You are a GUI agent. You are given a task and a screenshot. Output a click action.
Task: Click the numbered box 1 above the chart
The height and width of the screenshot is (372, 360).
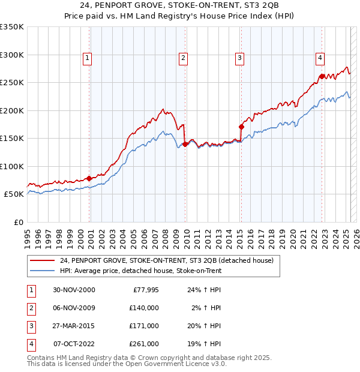click(x=88, y=58)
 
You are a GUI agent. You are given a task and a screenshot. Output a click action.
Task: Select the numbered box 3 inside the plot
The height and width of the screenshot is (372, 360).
click(x=239, y=58)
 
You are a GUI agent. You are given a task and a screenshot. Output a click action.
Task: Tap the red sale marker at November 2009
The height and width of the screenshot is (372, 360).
click(x=185, y=144)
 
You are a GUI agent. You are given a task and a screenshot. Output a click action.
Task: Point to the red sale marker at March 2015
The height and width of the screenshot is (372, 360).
click(x=241, y=127)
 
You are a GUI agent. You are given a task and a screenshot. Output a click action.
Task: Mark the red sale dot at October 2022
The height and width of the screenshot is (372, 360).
click(x=322, y=76)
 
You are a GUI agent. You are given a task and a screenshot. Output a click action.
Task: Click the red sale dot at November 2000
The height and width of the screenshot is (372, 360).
click(x=89, y=178)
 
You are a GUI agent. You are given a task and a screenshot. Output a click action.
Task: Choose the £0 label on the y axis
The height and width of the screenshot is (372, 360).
click(x=17, y=222)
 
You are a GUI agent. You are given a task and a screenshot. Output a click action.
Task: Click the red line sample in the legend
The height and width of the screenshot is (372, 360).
click(x=42, y=260)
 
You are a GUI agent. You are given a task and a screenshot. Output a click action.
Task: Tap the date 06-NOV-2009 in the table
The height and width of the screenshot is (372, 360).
click(x=74, y=308)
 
